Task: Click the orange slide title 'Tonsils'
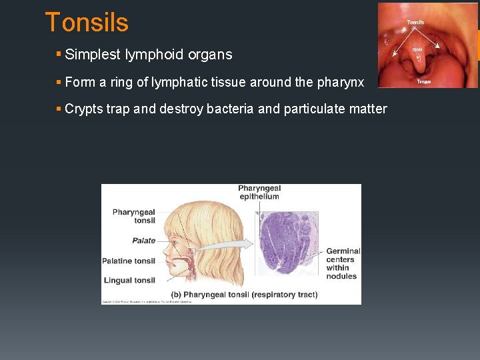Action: (86, 23)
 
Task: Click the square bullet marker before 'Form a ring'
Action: (59, 82)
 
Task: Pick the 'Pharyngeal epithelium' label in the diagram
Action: (259, 192)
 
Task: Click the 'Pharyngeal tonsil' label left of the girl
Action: (134, 216)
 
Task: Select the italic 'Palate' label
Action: (143, 241)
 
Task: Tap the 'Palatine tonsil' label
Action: (129, 261)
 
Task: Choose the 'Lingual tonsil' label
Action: (129, 280)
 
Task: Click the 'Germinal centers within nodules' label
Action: (343, 263)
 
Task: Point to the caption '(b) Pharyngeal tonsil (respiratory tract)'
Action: (244, 294)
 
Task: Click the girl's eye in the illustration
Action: (175, 235)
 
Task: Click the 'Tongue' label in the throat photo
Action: (423, 81)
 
